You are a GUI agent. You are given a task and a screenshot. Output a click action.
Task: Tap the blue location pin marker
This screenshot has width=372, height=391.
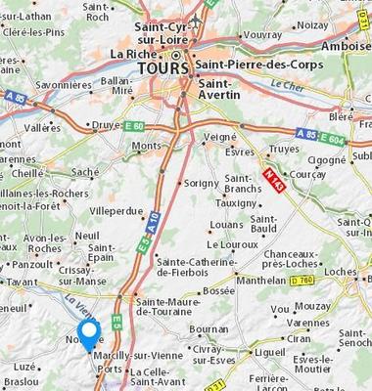[x=90, y=336]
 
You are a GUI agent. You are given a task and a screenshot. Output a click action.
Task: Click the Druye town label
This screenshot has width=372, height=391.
[x=105, y=125]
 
